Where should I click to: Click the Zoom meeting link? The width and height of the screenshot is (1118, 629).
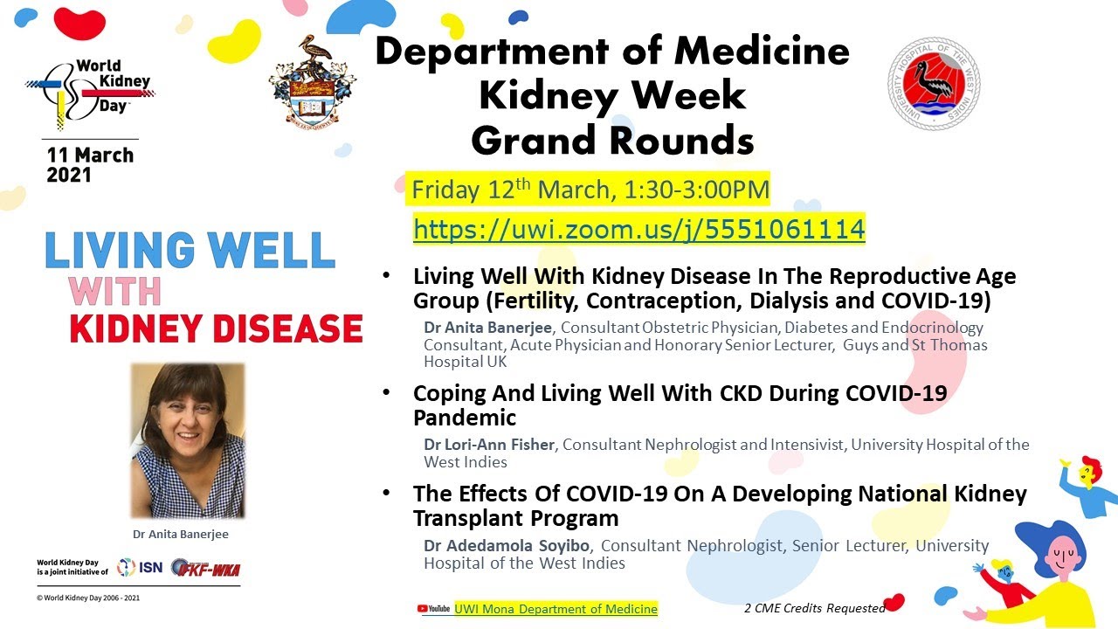click(638, 230)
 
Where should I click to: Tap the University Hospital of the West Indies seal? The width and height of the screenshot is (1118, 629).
click(933, 84)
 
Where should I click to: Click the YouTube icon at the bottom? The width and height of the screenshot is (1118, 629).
click(433, 609)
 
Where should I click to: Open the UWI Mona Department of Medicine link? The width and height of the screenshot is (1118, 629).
click(556, 609)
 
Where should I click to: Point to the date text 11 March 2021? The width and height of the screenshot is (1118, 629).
click(90, 165)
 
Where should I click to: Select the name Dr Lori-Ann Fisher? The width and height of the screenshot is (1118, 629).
click(489, 445)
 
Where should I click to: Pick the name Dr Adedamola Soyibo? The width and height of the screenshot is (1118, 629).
click(507, 546)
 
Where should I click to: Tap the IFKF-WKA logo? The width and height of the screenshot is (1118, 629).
click(206, 569)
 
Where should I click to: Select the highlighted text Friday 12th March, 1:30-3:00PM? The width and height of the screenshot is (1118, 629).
click(590, 190)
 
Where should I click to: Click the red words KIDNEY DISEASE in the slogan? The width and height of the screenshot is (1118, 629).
click(216, 328)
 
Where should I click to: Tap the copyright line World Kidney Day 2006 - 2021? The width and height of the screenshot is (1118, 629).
click(87, 598)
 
